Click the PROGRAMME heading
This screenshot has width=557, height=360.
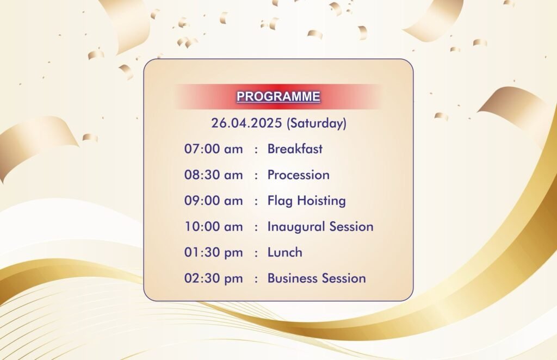point(278,97)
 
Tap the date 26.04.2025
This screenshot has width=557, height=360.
point(246,123)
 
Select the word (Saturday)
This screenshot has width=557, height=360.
point(317,123)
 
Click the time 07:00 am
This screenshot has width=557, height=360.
point(213,149)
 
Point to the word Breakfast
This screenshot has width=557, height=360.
point(295,149)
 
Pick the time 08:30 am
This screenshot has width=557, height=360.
point(213,175)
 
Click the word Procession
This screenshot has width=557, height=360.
point(299,175)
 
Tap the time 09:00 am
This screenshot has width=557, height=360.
point(213,201)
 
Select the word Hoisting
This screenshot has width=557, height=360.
point(321,201)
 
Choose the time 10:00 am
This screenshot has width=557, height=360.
point(213,227)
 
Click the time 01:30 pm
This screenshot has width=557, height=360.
point(213,252)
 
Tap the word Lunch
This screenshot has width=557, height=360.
point(285,252)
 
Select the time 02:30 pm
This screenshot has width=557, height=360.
point(213,278)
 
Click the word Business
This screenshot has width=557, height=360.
point(290,278)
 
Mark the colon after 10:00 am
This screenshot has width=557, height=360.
point(256,227)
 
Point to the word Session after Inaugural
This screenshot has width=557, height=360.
point(351,227)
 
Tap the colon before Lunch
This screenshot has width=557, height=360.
point(256,253)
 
